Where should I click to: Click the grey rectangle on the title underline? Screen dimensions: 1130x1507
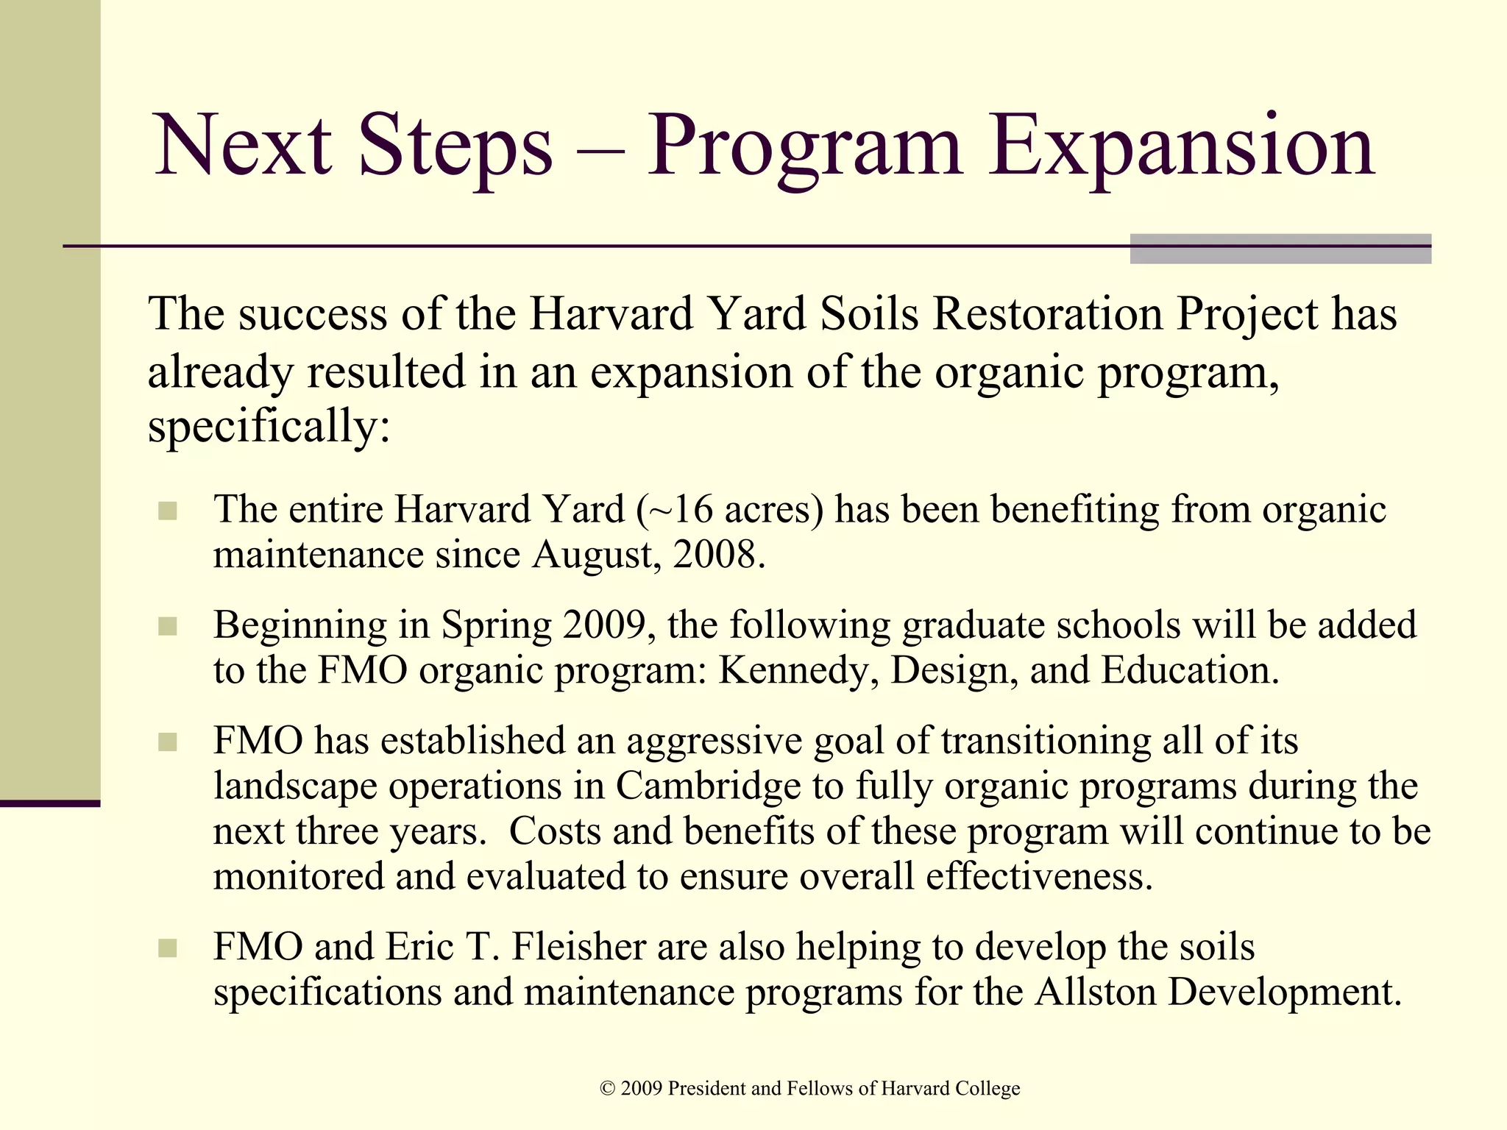(1280, 249)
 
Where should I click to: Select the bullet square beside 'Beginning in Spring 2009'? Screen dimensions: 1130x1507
(168, 626)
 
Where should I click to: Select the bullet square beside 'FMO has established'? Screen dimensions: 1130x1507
(168, 742)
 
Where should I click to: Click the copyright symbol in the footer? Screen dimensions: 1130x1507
(607, 1089)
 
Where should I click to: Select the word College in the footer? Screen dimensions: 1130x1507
(987, 1089)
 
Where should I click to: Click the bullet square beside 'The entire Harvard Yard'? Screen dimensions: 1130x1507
(168, 511)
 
